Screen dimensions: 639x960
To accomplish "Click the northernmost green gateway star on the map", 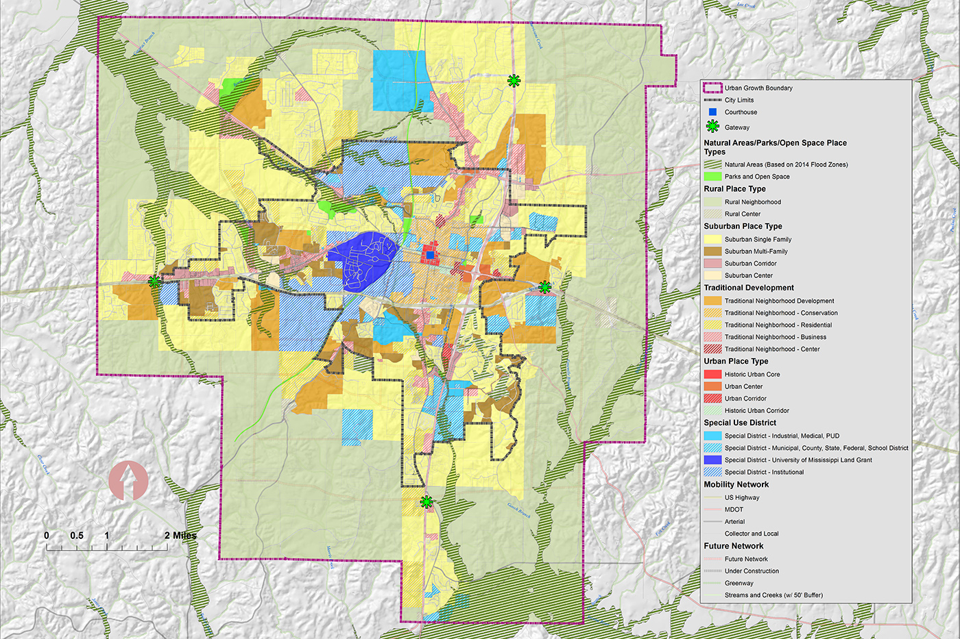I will (514, 81).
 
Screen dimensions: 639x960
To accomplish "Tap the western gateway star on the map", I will (154, 281).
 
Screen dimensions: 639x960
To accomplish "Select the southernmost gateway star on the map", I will (427, 502).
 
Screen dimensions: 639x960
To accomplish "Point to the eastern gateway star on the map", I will (544, 286).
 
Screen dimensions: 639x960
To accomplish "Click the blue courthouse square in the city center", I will (430, 255).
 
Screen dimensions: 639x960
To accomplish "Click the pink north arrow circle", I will (128, 480).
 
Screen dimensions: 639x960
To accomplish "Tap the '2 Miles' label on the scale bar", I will (180, 536).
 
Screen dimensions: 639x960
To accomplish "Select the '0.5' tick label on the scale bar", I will (76, 536).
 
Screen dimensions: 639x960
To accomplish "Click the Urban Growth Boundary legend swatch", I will (712, 88).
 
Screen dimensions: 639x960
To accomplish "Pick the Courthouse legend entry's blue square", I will (712, 112).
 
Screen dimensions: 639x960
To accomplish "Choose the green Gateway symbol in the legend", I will (712, 127).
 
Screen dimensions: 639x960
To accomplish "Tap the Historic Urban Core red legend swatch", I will (712, 375).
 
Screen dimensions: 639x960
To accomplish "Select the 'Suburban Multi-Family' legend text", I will (756, 251).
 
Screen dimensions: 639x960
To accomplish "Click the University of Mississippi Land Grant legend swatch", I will (712, 460).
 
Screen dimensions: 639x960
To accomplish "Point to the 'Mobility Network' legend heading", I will (736, 485).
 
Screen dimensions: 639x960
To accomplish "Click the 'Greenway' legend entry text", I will (739, 584).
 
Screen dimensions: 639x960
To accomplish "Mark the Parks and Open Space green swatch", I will (712, 177).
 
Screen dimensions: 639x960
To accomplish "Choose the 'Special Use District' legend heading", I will (740, 423).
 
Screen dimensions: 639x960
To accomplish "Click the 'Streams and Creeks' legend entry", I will (773, 595).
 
